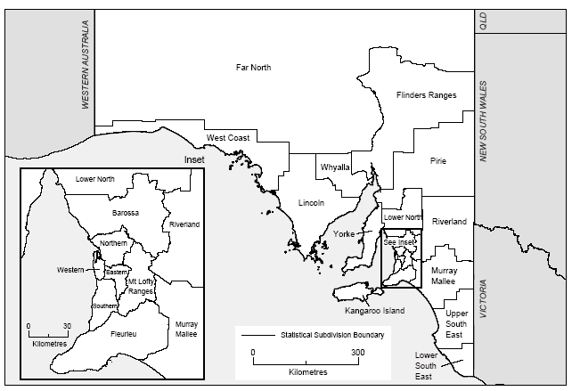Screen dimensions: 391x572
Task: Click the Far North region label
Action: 253,68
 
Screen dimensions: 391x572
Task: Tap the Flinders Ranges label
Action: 426,95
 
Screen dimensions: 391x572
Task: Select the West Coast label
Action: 227,137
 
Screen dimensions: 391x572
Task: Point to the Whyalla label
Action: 335,167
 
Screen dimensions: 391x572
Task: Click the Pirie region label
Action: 437,161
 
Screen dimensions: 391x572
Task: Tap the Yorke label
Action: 344,233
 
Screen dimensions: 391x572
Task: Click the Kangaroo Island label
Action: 374,311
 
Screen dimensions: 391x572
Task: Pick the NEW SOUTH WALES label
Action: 485,120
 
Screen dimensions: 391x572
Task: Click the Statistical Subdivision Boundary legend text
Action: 331,335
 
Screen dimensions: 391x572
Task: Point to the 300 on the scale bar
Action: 357,353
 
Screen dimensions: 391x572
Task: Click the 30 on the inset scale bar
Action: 67,326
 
